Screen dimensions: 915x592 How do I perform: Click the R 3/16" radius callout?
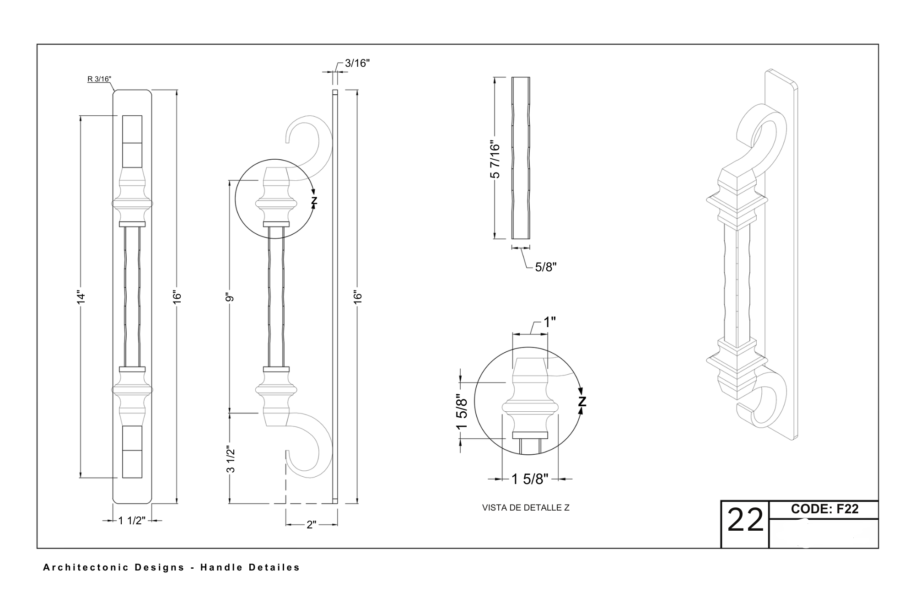99,79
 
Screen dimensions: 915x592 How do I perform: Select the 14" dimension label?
81,297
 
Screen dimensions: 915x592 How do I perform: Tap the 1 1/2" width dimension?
132,520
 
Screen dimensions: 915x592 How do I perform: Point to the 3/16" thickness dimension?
357,63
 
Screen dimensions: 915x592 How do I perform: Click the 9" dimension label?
230,297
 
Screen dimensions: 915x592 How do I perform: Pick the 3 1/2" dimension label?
231,460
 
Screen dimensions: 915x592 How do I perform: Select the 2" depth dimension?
312,525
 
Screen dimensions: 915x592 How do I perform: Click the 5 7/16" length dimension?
495,159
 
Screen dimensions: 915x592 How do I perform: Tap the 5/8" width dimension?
546,267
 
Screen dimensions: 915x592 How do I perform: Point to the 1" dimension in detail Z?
549,322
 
